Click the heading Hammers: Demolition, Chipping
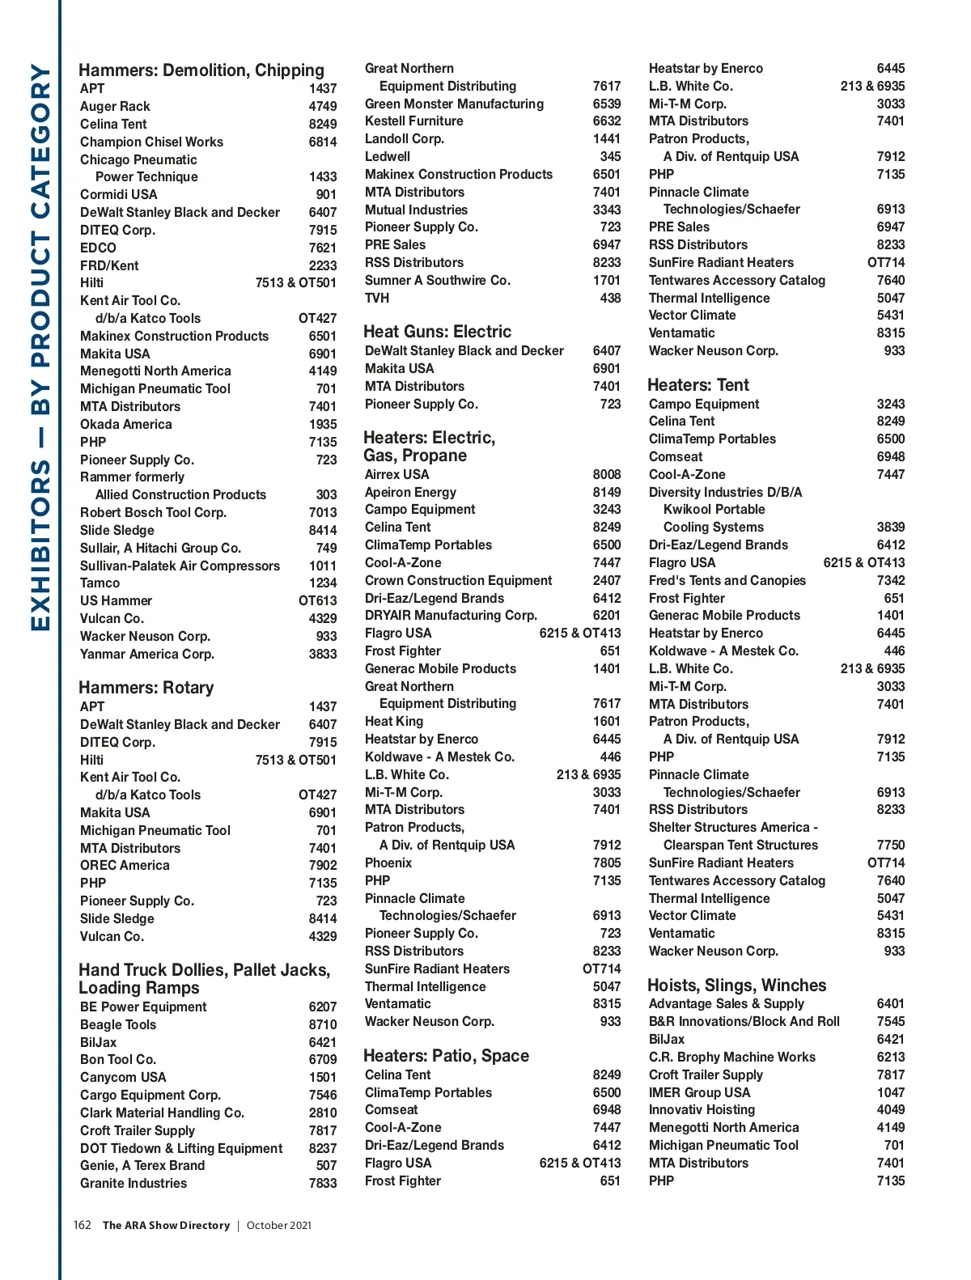click(201, 70)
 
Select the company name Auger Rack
click(115, 106)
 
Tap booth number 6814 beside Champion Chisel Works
click(322, 142)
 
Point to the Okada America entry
click(125, 424)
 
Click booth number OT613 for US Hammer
click(317, 600)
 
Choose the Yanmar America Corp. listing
click(146, 654)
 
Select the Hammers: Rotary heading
click(146, 688)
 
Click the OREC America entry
click(125, 865)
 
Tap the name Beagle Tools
click(118, 1024)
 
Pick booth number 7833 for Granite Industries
click(322, 1183)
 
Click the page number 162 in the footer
click(82, 1225)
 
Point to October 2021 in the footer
click(278, 1225)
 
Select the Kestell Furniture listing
click(413, 121)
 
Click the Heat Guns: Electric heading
click(437, 332)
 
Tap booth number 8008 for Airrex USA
click(606, 474)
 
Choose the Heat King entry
click(393, 721)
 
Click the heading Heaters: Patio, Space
click(446, 1056)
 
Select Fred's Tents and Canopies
click(727, 580)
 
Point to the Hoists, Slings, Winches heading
click(736, 985)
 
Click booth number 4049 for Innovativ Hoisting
click(890, 1109)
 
